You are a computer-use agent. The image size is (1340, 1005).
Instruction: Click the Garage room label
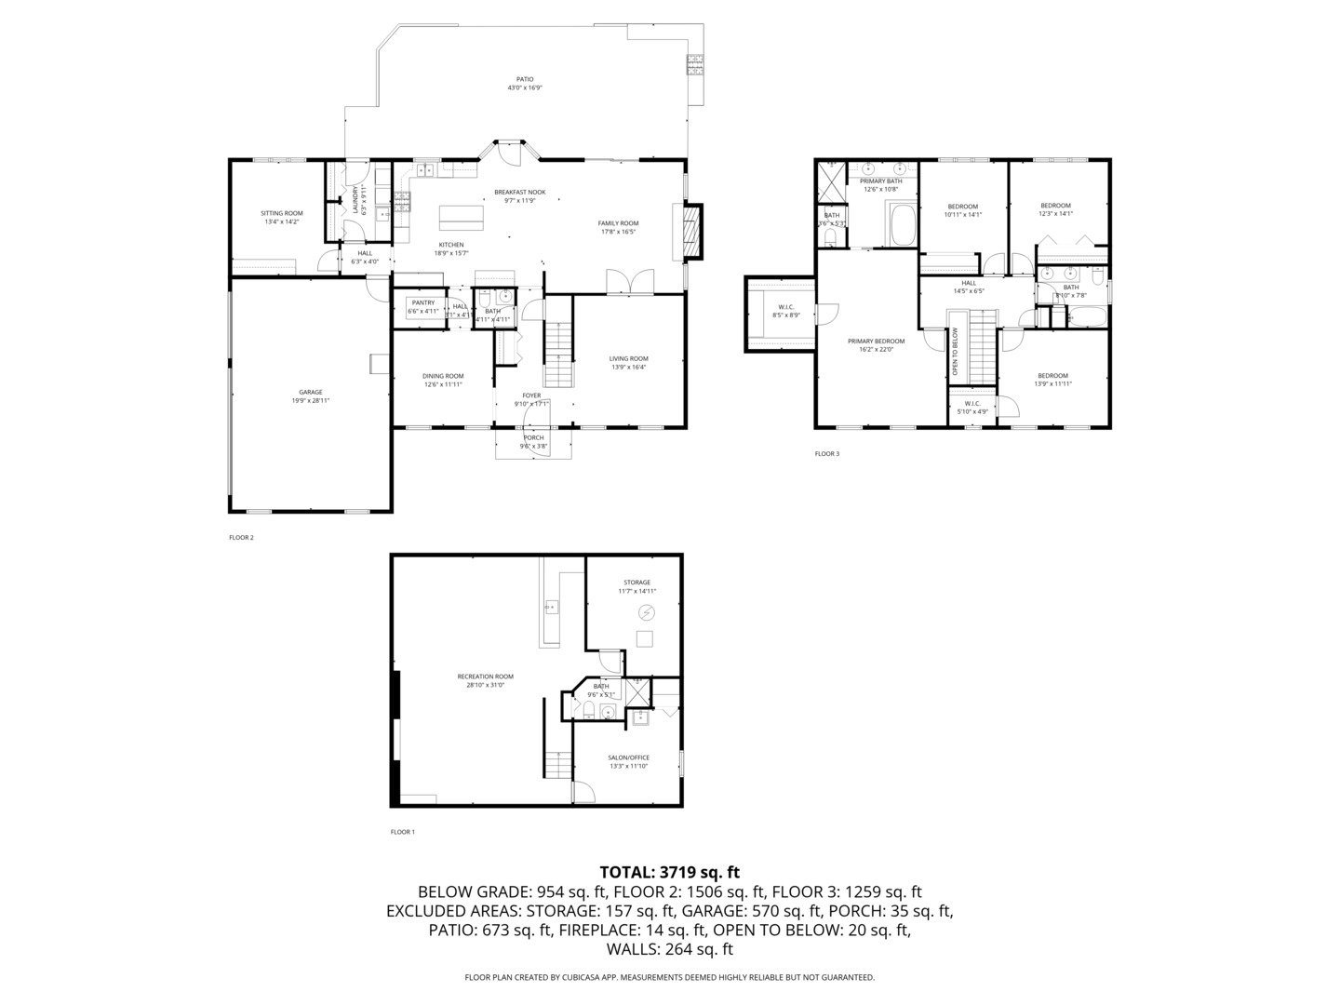310,393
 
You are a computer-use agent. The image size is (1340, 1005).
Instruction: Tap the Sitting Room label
281,213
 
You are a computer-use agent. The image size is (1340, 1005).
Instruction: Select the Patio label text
525,79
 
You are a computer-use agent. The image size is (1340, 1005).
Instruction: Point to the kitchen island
462,217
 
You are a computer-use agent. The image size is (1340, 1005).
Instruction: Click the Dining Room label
443,376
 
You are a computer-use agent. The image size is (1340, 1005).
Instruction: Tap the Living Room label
628,358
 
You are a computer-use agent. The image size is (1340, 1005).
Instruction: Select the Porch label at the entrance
533,437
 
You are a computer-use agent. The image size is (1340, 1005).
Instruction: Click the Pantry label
423,302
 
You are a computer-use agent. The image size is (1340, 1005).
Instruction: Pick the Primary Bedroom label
876,342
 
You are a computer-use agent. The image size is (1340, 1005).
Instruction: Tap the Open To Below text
955,351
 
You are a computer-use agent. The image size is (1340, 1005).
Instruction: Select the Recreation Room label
485,677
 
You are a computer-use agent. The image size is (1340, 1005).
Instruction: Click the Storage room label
637,583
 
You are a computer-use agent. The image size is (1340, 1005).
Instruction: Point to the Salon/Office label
629,757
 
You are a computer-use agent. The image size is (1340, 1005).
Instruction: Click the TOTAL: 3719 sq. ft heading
669,872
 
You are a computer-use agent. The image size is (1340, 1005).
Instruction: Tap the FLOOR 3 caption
826,454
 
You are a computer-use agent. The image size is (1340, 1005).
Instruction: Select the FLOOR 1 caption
402,832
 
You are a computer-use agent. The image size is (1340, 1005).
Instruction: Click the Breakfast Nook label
520,192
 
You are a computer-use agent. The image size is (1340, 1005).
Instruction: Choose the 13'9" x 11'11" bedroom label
1053,376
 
